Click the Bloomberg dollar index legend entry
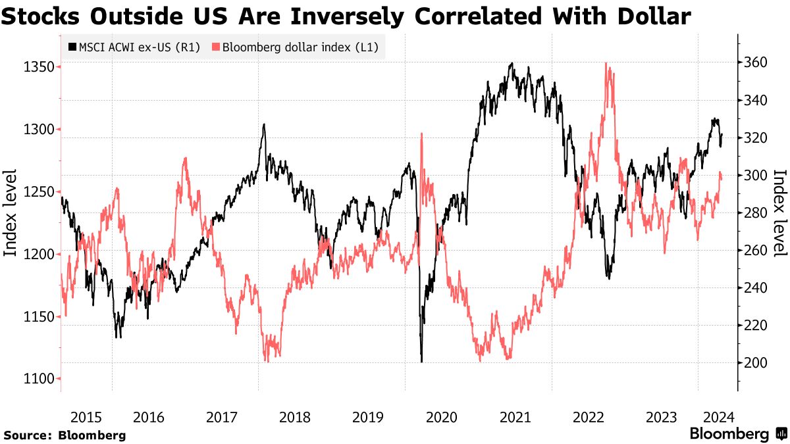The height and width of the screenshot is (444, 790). [294, 47]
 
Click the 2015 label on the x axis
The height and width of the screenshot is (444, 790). [86, 416]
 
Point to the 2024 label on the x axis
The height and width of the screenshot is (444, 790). [720, 416]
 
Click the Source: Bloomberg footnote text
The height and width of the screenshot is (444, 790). [65, 435]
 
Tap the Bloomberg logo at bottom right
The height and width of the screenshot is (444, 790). [737, 434]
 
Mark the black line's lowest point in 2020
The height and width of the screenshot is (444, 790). [421, 361]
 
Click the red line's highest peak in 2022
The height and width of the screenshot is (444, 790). [606, 64]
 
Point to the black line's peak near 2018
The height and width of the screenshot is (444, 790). [264, 124]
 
